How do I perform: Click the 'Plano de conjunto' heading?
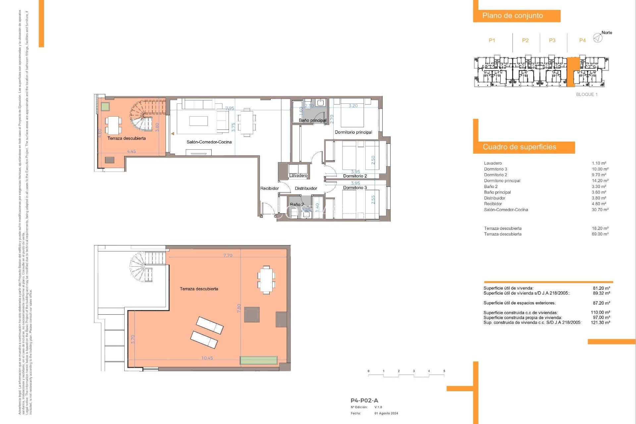(x=512, y=16)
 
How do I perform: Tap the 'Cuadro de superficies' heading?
(x=519, y=147)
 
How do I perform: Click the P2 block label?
(x=525, y=40)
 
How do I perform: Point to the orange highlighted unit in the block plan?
(x=572, y=71)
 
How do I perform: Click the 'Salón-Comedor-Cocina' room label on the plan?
(x=209, y=142)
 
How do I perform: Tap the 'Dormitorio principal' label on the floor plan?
(x=353, y=132)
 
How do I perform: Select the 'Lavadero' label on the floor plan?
(x=298, y=176)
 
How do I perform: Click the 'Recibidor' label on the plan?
(x=269, y=188)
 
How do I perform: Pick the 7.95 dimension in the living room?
(x=230, y=108)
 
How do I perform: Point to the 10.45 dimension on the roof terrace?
(x=207, y=358)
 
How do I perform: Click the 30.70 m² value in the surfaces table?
(x=600, y=210)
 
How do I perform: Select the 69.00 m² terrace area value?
(x=600, y=234)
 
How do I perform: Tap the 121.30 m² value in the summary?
(x=600, y=323)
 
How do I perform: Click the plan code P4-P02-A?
(x=364, y=400)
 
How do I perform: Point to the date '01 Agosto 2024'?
(x=386, y=413)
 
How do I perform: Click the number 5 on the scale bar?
(x=444, y=371)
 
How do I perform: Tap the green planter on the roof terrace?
(x=258, y=360)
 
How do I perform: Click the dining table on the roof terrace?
(x=266, y=280)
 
